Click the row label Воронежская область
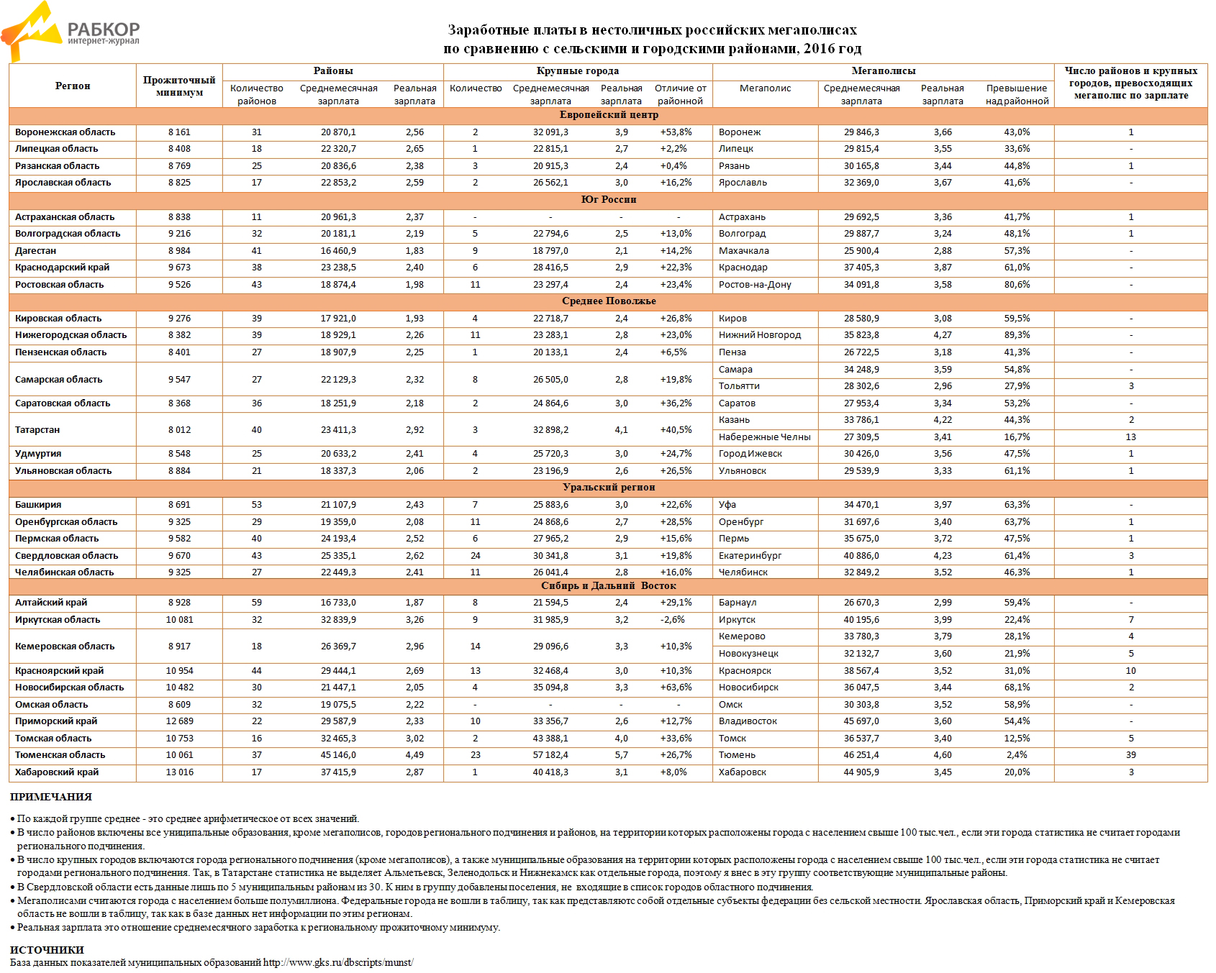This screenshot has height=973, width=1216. pyautogui.click(x=65, y=132)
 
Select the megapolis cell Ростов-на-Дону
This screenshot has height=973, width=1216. pyautogui.click(x=755, y=285)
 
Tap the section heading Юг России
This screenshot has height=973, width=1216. pyautogui.click(x=608, y=200)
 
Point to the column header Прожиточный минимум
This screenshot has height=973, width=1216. pyautogui.click(x=179, y=86)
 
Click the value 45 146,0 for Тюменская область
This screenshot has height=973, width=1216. pyautogui.click(x=338, y=755)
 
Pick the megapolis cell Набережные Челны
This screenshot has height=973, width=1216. pyautogui.click(x=764, y=437)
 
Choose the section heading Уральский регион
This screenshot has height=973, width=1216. pyautogui.click(x=608, y=488)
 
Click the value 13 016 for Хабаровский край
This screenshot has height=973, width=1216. pyautogui.click(x=179, y=772)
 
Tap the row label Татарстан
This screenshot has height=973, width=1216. pyautogui.click(x=37, y=430)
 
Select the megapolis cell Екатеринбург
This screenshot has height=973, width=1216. pyautogui.click(x=750, y=556)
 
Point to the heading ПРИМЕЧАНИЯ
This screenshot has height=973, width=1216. pyautogui.click(x=51, y=797)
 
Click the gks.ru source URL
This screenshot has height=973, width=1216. pyautogui.click(x=338, y=962)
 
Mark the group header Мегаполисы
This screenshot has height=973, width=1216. pyautogui.click(x=883, y=71)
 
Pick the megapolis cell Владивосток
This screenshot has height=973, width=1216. pyautogui.click(x=748, y=721)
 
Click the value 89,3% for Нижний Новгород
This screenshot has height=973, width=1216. pyautogui.click(x=1017, y=335)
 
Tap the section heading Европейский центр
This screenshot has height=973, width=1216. pyautogui.click(x=608, y=115)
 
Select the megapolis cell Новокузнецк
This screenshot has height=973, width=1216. pyautogui.click(x=748, y=654)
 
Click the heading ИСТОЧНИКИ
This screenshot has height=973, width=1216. pyautogui.click(x=47, y=950)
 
